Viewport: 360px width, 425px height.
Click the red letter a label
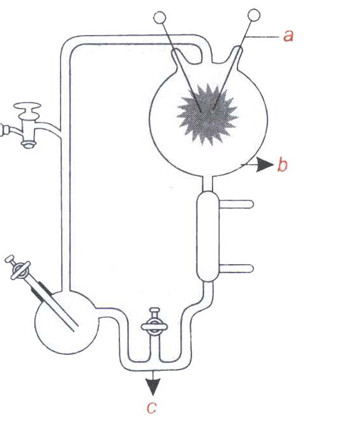(x=288, y=36)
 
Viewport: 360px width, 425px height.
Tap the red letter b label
(x=282, y=164)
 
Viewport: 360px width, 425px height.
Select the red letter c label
(x=152, y=408)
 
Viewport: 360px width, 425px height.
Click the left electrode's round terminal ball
(x=160, y=18)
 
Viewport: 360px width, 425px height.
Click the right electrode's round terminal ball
(x=254, y=15)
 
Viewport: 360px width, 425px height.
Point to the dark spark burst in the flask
(x=207, y=114)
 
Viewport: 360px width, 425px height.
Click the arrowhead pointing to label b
(x=265, y=165)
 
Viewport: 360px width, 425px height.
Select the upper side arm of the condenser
(x=236, y=204)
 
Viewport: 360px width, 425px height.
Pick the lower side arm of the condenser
(x=236, y=269)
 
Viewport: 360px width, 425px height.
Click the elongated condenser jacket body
(x=207, y=236)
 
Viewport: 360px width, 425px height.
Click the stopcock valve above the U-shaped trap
(x=154, y=324)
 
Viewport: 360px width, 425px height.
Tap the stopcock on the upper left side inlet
(x=27, y=124)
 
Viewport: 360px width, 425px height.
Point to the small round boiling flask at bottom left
(x=66, y=322)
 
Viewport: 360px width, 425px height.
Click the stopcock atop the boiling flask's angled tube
(x=17, y=267)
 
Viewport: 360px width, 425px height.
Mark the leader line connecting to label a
(x=262, y=36)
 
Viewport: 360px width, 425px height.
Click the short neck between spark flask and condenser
(x=207, y=183)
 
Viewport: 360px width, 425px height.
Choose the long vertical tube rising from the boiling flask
(x=65, y=168)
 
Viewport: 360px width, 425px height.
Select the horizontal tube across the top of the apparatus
(x=135, y=40)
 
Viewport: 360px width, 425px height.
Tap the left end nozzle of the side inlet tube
(x=4, y=130)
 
